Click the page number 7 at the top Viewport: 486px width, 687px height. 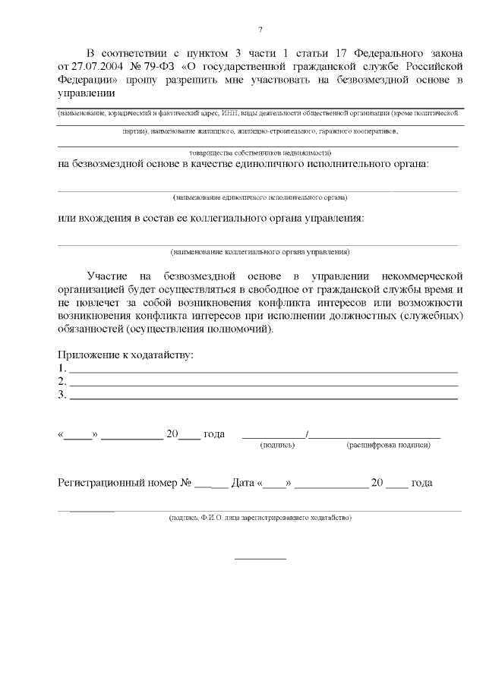pyautogui.click(x=260, y=30)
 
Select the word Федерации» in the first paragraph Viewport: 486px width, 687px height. pyautogui.click(x=87, y=79)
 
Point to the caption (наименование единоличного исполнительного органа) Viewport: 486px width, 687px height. pyautogui.click(x=260, y=197)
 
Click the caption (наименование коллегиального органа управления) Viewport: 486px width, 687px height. pyautogui.click(x=260, y=251)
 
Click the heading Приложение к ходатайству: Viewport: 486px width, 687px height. pyautogui.click(x=125, y=355)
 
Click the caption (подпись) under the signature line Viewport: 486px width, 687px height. pyautogui.click(x=277, y=445)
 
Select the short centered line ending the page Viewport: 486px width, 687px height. pyautogui.click(x=260, y=559)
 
